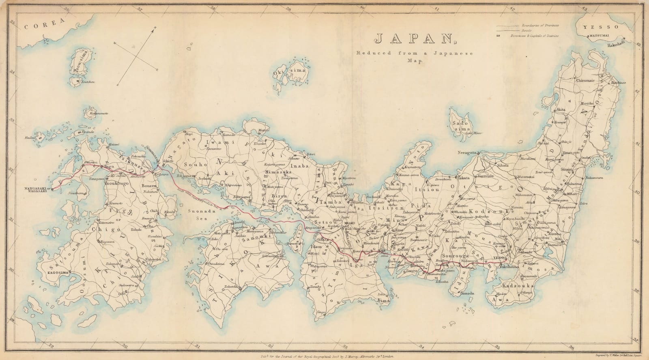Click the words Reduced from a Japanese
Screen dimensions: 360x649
coord(389,54)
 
